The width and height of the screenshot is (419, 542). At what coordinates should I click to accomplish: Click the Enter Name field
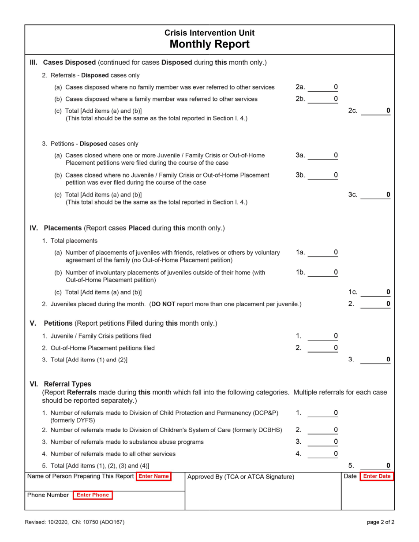coord(153,476)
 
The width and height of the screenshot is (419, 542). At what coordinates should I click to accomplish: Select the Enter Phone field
coord(93,495)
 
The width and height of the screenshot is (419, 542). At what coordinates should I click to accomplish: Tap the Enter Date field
coord(376,476)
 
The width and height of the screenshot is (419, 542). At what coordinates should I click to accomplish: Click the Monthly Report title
coord(209,44)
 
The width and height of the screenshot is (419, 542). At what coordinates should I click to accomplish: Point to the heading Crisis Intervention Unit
coord(209,33)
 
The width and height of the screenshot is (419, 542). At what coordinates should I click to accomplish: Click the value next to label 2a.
coord(336,87)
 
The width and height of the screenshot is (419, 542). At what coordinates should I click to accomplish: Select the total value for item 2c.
coord(388,111)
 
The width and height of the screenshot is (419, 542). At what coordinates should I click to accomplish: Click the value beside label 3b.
coord(336,175)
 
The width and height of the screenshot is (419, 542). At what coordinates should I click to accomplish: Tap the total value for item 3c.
coord(388,194)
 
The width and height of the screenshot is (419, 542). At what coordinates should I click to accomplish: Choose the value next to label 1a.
coord(336,252)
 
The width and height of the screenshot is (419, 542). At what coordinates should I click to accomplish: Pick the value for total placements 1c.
coord(388,292)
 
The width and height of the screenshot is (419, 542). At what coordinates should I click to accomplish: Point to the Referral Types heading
coord(67,384)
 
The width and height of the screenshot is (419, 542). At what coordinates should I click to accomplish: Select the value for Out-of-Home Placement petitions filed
coord(336,348)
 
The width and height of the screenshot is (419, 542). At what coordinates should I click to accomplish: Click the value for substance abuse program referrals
coord(336,442)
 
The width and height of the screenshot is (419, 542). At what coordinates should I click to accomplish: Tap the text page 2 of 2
coord(380,522)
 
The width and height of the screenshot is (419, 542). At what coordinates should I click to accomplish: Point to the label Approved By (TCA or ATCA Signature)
coord(241,477)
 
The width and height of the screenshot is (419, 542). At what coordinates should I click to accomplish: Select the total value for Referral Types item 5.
coord(388,465)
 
